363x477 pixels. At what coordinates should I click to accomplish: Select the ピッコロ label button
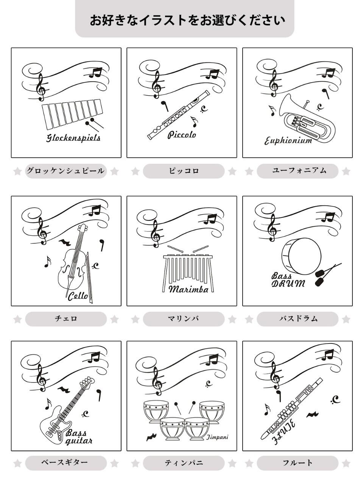tap(184, 171)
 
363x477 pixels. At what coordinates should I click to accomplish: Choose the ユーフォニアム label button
tap(298, 171)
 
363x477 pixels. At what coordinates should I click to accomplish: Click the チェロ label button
tap(66, 319)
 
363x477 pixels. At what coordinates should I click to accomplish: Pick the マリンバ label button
tap(184, 319)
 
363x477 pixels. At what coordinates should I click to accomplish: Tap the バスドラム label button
tap(298, 319)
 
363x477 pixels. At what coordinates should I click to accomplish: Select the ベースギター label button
tap(66, 463)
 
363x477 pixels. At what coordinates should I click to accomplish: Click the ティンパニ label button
tap(184, 463)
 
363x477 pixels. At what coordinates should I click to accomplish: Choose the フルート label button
tap(298, 463)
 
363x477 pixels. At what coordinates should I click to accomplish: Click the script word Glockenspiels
tap(73, 138)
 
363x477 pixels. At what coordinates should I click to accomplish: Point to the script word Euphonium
tap(288, 141)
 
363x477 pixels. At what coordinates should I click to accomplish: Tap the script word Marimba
tap(188, 289)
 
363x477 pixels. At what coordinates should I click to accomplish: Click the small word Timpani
tap(217, 437)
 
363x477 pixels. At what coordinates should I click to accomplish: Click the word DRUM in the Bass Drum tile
tap(288, 283)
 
